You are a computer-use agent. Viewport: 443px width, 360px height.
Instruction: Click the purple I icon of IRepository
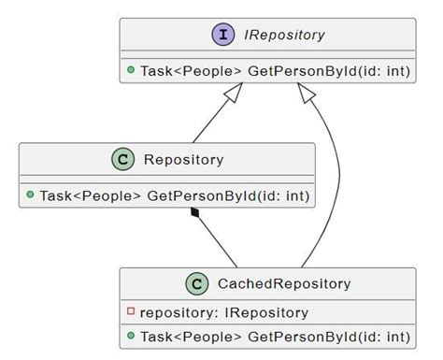223,35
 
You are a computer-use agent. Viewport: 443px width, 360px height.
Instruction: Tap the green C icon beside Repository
124,159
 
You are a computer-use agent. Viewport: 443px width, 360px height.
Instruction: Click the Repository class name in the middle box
183,160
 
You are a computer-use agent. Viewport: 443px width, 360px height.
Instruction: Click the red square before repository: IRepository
132,311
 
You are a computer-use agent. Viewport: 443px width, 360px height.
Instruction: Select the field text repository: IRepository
224,312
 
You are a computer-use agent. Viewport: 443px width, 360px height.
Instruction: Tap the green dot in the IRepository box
131,71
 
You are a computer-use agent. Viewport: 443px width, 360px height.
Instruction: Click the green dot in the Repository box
31,195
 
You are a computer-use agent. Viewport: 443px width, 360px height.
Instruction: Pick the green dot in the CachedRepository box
132,336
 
